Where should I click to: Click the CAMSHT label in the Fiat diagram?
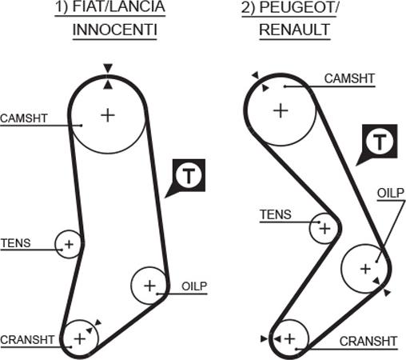click(24, 118)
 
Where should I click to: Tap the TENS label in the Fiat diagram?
click(16, 243)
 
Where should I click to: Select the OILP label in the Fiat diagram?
click(194, 286)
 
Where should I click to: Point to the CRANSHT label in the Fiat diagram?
click(27, 340)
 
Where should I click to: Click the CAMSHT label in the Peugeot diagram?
click(349, 78)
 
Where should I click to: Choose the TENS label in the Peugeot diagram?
click(276, 214)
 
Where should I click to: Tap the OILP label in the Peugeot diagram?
click(391, 193)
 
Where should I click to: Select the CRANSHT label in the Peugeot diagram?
click(368, 341)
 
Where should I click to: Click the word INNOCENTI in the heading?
click(115, 30)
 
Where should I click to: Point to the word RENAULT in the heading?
click(295, 30)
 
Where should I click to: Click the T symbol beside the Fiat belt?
click(189, 175)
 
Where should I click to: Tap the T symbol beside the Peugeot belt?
click(380, 141)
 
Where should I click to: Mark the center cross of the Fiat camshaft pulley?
click(108, 115)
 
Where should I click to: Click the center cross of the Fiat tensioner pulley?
click(69, 244)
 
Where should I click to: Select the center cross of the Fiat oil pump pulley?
click(149, 286)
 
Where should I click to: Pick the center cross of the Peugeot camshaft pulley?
click(281, 110)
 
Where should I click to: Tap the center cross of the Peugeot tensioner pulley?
click(324, 229)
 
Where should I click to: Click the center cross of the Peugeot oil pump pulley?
click(365, 269)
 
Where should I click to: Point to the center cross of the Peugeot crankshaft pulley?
click(289, 339)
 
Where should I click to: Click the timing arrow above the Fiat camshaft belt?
click(108, 68)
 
